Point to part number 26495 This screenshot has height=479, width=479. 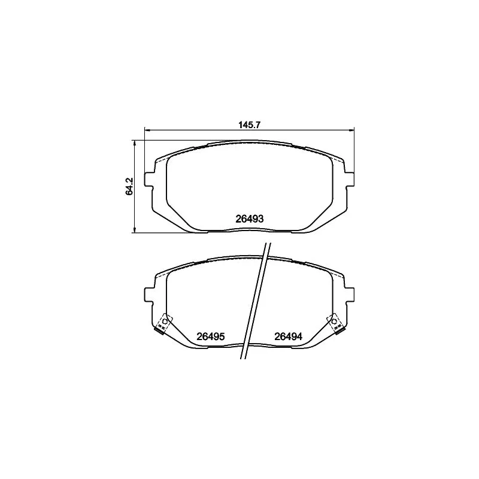coord(210,337)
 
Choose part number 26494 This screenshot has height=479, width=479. coord(288,337)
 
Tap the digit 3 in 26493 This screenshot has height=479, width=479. coord(261,219)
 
